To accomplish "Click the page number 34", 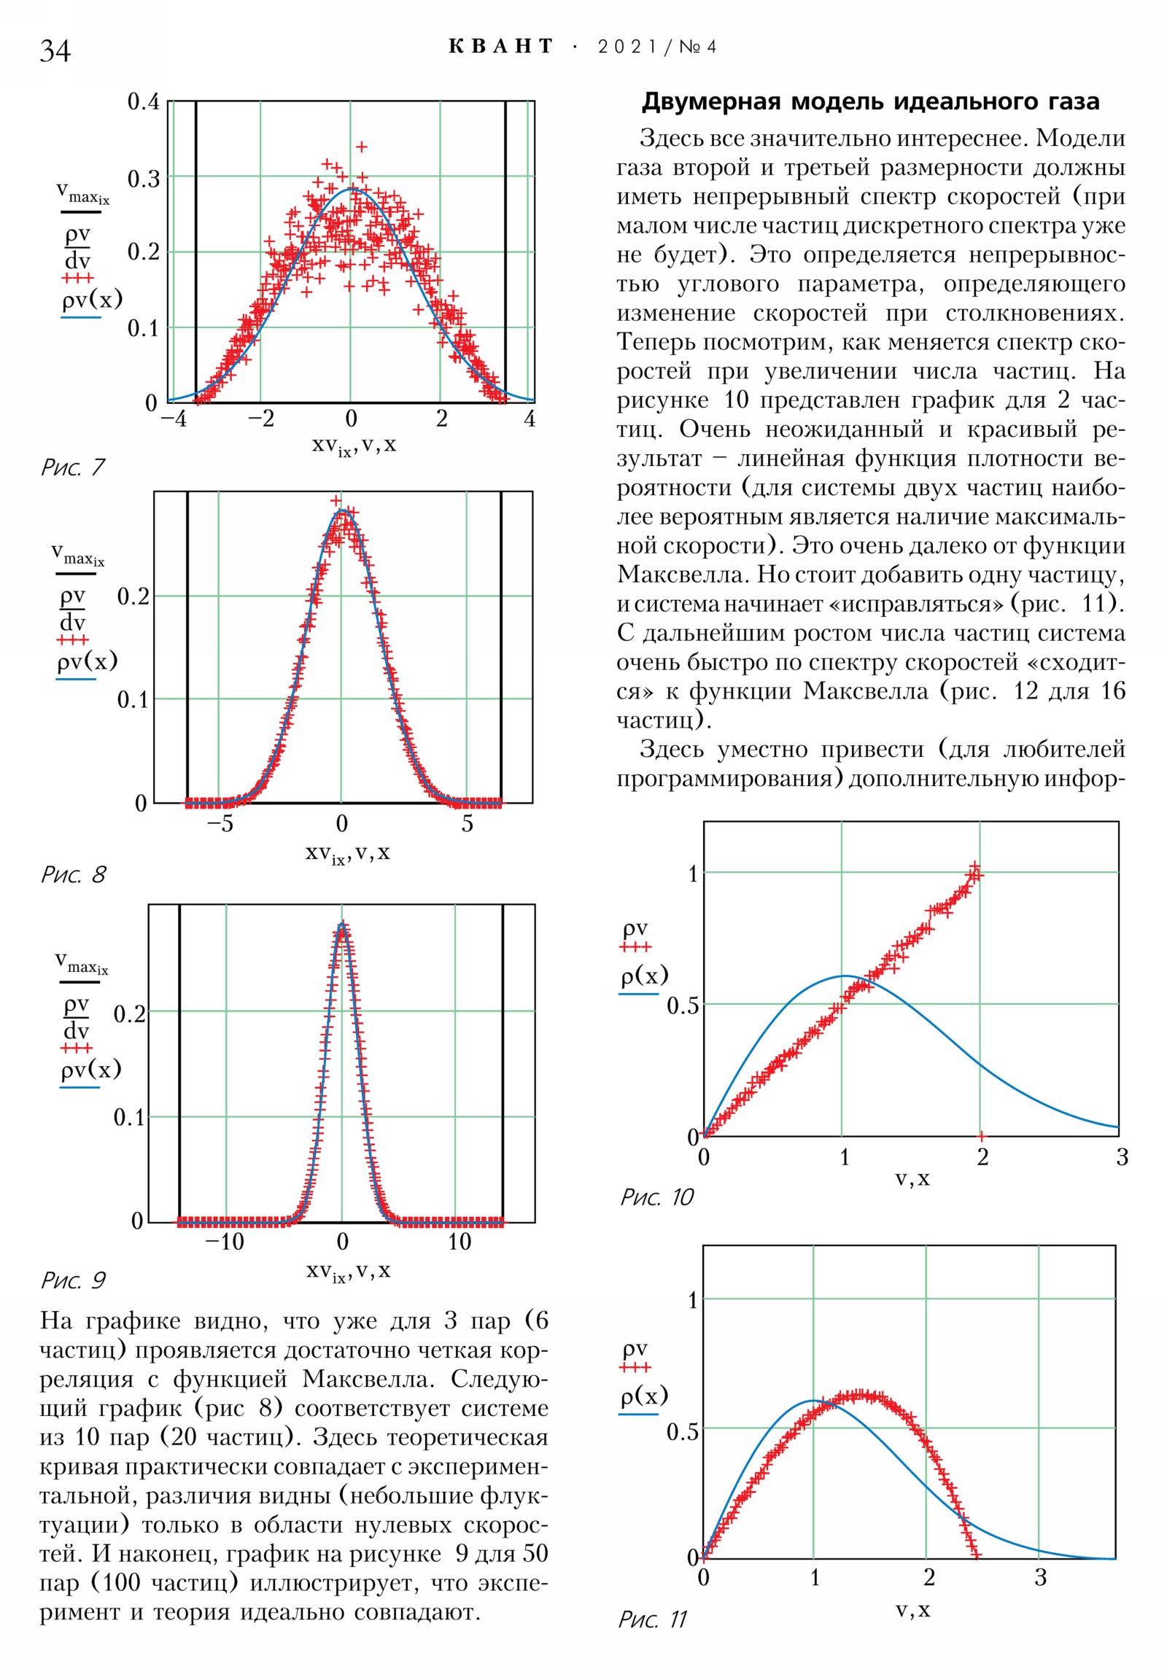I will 55,50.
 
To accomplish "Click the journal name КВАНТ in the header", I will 500,47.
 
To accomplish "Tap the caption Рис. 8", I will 73,874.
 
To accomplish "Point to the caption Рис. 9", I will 73,1280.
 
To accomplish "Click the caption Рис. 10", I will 656,1197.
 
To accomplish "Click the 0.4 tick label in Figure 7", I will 143,101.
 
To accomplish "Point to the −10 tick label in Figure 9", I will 225,1242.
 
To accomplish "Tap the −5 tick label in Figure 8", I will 220,824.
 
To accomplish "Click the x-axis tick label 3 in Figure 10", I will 1122,1157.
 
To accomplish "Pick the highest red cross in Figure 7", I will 361,147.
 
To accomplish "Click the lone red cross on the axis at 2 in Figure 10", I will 981,1136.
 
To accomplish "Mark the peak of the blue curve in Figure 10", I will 844,976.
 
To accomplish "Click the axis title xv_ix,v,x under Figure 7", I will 354,445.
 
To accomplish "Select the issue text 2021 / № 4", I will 657,47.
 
